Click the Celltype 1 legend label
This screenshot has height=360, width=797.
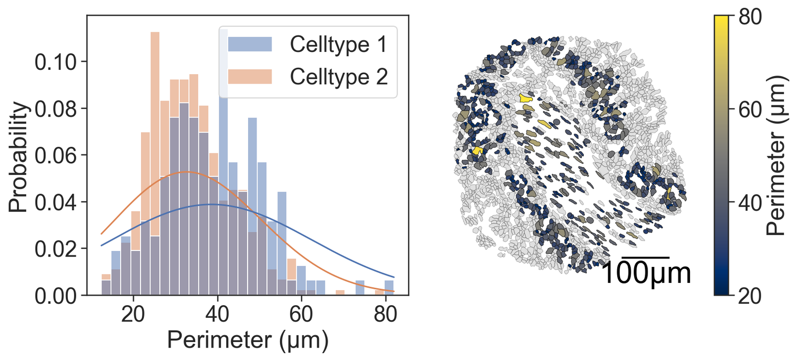pyautogui.click(x=338, y=45)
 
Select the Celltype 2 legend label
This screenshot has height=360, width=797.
pyautogui.click(x=339, y=77)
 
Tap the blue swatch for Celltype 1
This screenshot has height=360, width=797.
pyautogui.click(x=250, y=44)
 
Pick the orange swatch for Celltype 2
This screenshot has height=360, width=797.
pyautogui.click(x=250, y=77)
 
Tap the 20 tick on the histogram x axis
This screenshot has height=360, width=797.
pyautogui.click(x=133, y=315)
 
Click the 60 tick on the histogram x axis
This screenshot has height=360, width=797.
pyautogui.click(x=301, y=315)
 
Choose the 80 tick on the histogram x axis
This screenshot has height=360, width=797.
pyautogui.click(x=385, y=315)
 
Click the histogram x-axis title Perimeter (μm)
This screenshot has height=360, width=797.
pyautogui.click(x=248, y=341)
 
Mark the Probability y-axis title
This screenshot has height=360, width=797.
pyautogui.click(x=18, y=156)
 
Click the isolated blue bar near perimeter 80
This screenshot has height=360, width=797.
pyautogui.click(x=389, y=288)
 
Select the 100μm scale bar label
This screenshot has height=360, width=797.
pyautogui.click(x=646, y=274)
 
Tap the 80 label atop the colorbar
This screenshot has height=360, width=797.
pyautogui.click(x=750, y=17)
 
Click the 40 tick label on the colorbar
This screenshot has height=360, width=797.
pyautogui.click(x=750, y=203)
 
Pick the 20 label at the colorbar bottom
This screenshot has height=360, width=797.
pyautogui.click(x=750, y=296)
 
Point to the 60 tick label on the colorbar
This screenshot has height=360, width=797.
pyautogui.click(x=750, y=110)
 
